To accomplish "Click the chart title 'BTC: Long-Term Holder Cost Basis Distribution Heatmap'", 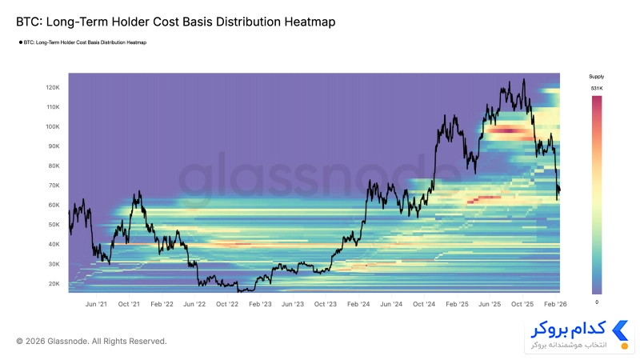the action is coord(175,22).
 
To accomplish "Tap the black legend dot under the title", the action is coord(21,42).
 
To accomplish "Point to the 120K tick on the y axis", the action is coord(53,87).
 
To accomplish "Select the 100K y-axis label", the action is coord(53,126).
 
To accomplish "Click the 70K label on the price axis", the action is coord(54,186).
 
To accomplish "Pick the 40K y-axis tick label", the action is coord(54,244).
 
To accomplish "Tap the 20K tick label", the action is coord(54,284).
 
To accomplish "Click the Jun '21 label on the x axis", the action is coord(96,304).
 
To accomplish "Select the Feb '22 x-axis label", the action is coord(162,304).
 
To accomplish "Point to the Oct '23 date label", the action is coord(326,304).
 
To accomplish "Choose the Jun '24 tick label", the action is coord(391,304).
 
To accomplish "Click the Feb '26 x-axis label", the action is coord(555,304).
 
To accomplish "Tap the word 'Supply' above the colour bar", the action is coord(596,76).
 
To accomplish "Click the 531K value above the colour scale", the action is coord(596,88).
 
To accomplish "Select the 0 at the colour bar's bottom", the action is coord(597,302).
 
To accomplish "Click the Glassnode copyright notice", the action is coord(91,342).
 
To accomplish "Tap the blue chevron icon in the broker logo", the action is coord(620,330).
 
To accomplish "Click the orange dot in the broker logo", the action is coord(624,346).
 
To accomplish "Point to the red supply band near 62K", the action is coord(484,199).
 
